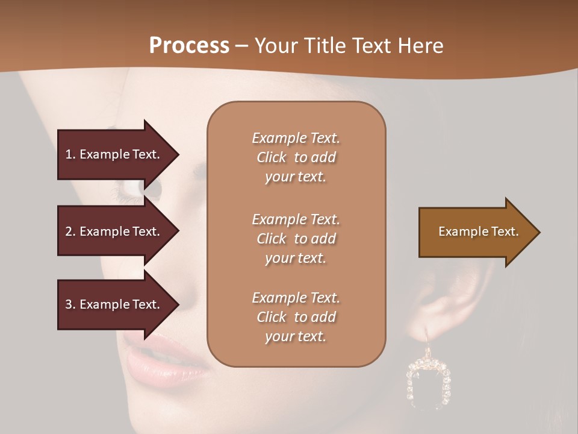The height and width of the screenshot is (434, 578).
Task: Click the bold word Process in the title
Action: click(189, 46)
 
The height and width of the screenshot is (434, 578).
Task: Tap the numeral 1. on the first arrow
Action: click(70, 154)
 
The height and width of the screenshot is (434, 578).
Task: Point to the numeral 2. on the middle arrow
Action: click(70, 231)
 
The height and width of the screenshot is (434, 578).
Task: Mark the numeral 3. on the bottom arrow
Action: click(70, 304)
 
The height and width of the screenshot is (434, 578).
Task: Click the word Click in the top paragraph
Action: click(272, 157)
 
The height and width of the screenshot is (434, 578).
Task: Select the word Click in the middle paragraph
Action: click(272, 239)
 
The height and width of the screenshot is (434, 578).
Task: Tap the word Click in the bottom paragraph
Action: click(272, 317)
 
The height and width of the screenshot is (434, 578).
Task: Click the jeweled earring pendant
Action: click(428, 380)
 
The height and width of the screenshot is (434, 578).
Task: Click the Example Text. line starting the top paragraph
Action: click(296, 138)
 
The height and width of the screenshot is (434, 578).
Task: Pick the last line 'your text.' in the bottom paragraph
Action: click(296, 336)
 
